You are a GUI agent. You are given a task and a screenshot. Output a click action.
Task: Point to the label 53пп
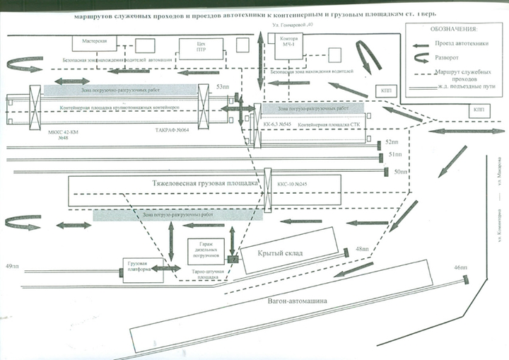coord(223,86)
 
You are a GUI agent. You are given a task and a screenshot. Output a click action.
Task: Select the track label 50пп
coord(401,172)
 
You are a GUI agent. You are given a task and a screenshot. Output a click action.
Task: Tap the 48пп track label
coord(363,248)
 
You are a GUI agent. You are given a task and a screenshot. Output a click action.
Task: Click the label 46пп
coord(462,267)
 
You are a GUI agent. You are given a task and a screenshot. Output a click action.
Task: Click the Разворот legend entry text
coord(448,60)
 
